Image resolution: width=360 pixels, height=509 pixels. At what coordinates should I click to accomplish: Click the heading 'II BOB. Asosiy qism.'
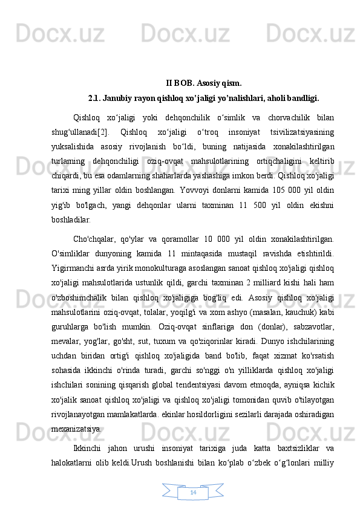click(x=205, y=83)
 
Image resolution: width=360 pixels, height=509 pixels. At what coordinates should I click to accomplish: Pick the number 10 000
click(x=219, y=238)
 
